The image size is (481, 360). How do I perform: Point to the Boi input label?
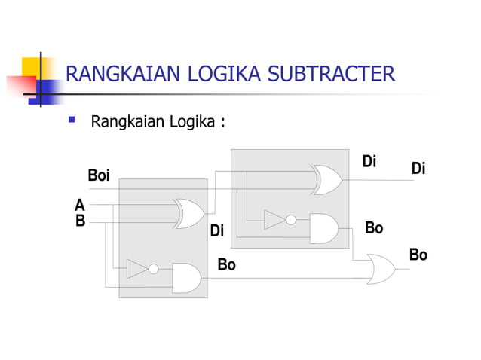tap(99, 175)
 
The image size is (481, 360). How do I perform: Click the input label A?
tap(79, 205)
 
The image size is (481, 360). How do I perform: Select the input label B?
tap(79, 221)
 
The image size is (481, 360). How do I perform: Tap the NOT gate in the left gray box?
tap(139, 269)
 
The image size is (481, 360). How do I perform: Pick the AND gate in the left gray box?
tap(186, 277)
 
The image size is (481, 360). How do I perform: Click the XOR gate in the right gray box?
tap(326, 180)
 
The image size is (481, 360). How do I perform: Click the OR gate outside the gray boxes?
tap(379, 269)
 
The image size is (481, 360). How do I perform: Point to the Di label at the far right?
tap(418, 169)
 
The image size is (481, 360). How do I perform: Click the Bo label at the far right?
tap(418, 255)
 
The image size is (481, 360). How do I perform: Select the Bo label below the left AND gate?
tap(226, 264)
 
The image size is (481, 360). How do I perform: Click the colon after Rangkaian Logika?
tap(223, 121)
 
